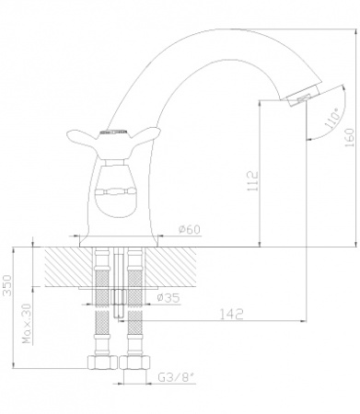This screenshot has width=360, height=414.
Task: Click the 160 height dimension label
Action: [x=350, y=137]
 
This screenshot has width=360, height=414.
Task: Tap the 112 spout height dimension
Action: [x=253, y=181]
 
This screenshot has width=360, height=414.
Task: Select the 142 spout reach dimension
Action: [x=232, y=314]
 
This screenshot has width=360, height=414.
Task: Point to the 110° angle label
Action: [x=332, y=121]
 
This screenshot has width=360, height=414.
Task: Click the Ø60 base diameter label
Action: [x=190, y=229]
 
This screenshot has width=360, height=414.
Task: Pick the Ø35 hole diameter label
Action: [x=168, y=297]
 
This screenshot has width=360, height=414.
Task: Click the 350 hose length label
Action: [x=8, y=285]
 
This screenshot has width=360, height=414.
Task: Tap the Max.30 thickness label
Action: [x=27, y=324]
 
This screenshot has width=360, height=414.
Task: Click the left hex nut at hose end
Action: [x=103, y=362]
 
